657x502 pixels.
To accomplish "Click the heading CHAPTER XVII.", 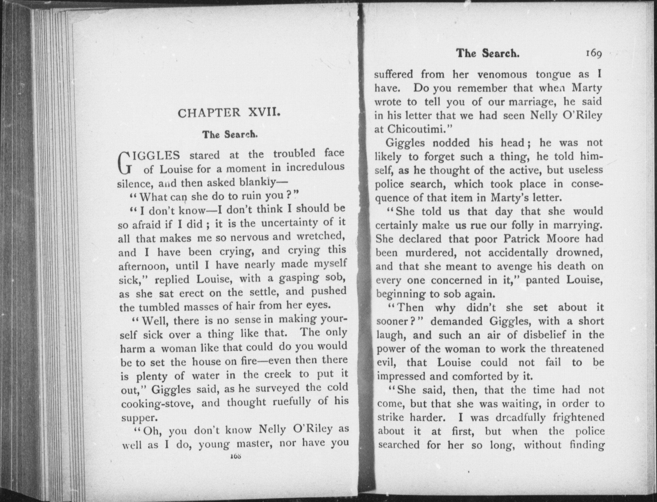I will (x=229, y=114).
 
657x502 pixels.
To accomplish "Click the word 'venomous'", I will (x=502, y=74).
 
